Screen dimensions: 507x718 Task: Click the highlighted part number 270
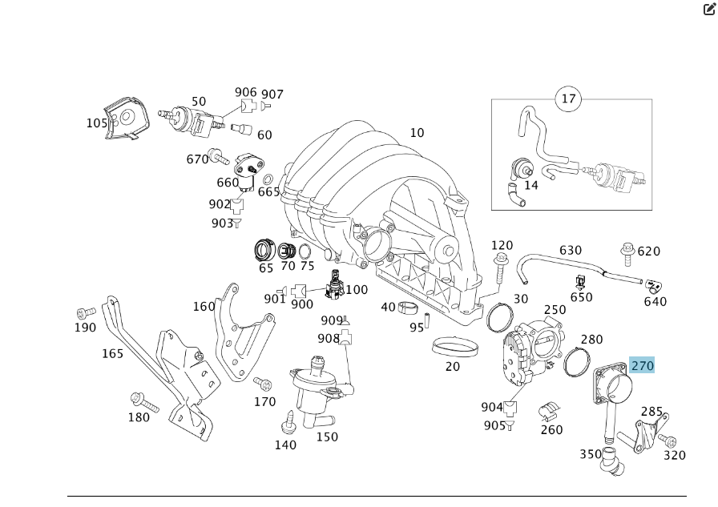pos(642,366)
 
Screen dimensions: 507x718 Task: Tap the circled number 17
pos(568,99)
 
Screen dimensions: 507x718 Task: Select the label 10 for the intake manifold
pos(417,133)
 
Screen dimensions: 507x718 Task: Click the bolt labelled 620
pos(627,252)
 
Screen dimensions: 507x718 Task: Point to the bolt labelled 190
pos(84,313)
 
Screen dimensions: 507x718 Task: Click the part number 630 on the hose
pos(571,251)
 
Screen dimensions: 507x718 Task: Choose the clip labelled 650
pos(579,282)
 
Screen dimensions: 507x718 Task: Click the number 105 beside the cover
pos(97,123)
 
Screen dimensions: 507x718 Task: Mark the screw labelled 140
pos(287,422)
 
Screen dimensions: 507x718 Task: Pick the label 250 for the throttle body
pos(555,310)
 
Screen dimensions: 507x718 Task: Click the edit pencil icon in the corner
pos(709,9)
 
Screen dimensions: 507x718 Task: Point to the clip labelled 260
pos(549,410)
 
